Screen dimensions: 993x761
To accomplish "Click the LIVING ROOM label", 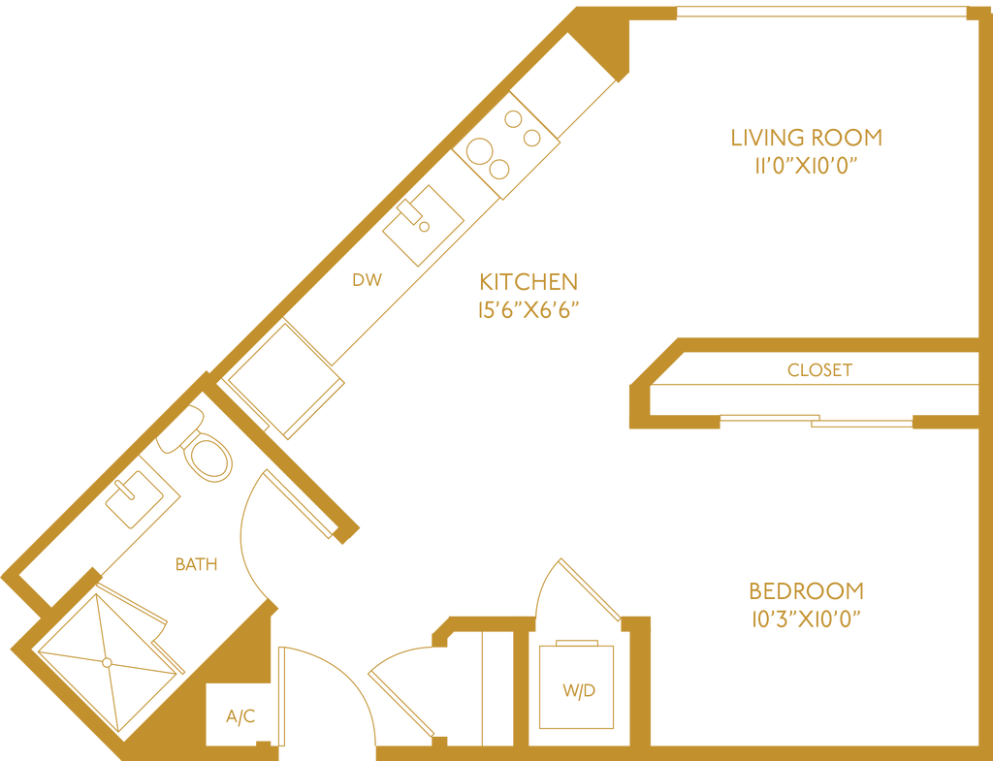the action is pos(806,138).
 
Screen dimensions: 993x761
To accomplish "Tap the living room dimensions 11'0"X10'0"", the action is pos(806,166).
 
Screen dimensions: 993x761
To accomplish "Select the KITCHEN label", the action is pos(529,282).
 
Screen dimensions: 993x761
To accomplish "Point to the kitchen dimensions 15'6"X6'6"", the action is pos(529,310).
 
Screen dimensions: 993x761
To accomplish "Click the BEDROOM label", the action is pos(806,590).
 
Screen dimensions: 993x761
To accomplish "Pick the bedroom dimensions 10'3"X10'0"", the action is pos(806,619).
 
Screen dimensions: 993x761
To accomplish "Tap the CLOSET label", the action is pos(820,369).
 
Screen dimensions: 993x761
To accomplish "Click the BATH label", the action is pos(196,564).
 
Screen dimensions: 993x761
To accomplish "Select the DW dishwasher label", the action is pos(368,280).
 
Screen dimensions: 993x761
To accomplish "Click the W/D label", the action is pos(579,690).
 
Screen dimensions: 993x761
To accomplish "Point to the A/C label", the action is pos(240,716).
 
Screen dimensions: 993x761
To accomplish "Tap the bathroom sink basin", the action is pos(134,499).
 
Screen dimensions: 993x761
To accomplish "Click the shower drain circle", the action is pos(107,662).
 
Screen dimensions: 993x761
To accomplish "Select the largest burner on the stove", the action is pos(479,151).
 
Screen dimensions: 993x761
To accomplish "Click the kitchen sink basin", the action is pos(423,225).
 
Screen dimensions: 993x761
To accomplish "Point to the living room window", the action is pos(822,12).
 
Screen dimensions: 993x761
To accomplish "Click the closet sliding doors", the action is pos(817,421).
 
